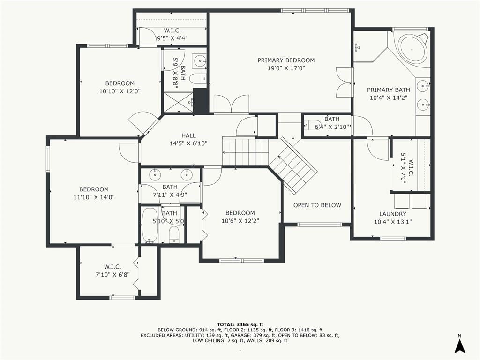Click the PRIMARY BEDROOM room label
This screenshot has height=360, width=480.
pos(286,60)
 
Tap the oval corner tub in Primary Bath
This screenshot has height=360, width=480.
pos(412,49)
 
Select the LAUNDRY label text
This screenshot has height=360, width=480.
pos(393,214)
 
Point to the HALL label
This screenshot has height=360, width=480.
pos(188,135)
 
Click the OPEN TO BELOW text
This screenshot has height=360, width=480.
pos(317,205)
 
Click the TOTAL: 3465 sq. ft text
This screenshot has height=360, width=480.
pos(240,324)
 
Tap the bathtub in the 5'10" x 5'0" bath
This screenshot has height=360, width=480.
pos(150,225)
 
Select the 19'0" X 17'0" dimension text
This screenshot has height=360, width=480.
pos(286,68)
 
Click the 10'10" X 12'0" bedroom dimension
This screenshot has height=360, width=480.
pos(120,91)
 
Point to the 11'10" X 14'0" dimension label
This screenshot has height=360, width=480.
pos(94,197)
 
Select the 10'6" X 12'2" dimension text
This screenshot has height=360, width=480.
pos(240,221)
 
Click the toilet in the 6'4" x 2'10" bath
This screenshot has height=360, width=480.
pos(311,125)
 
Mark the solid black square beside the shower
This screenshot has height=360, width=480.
pos(201,100)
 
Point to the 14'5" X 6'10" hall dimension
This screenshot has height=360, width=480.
pos(188,143)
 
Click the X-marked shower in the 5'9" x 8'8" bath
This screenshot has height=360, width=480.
pos(178,102)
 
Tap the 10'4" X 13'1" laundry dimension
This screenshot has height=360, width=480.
pos(393,222)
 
